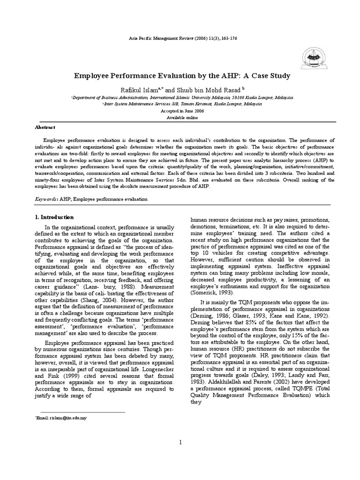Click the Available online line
(180, 117)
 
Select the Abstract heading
(45, 127)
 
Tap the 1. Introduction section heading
(55, 217)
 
